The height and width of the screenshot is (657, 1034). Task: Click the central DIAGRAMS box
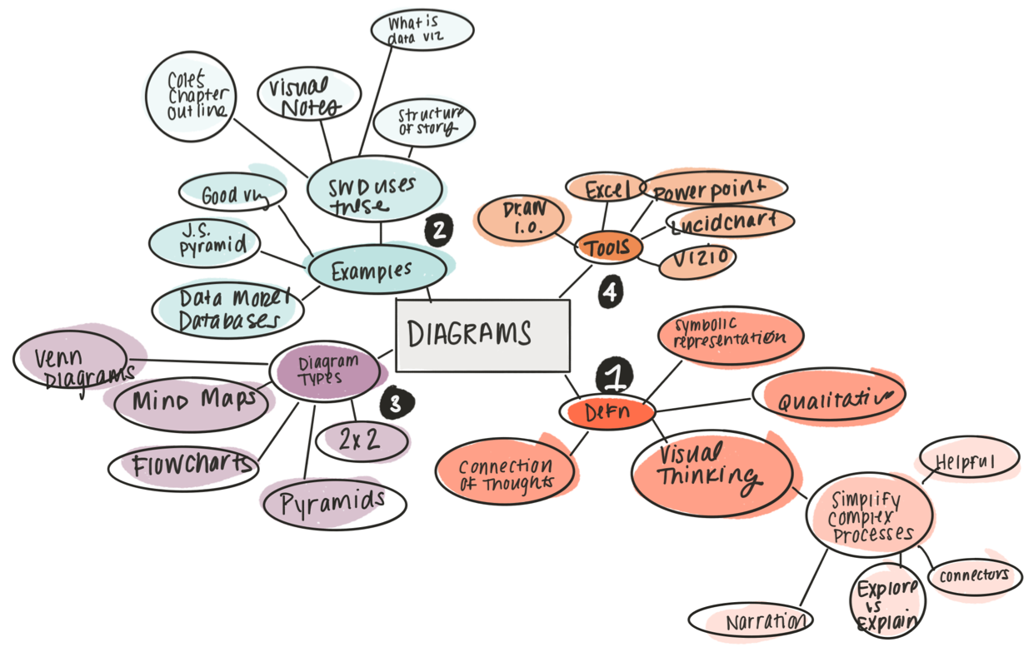tap(482, 335)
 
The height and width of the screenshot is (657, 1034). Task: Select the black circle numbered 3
tap(396, 404)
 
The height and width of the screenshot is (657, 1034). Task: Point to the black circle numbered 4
tap(610, 292)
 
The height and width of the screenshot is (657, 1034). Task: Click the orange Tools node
tap(608, 247)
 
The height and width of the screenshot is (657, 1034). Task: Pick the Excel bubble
tap(606, 189)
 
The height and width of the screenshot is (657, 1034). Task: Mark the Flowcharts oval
tap(183, 465)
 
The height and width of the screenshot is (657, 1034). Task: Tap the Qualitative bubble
tap(828, 396)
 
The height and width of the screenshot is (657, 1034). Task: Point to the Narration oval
tap(751, 620)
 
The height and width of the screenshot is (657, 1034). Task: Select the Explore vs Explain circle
tap(888, 599)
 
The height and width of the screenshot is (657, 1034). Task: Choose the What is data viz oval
tap(422, 30)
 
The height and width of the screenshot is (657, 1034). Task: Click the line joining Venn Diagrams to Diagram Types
tap(200, 361)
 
